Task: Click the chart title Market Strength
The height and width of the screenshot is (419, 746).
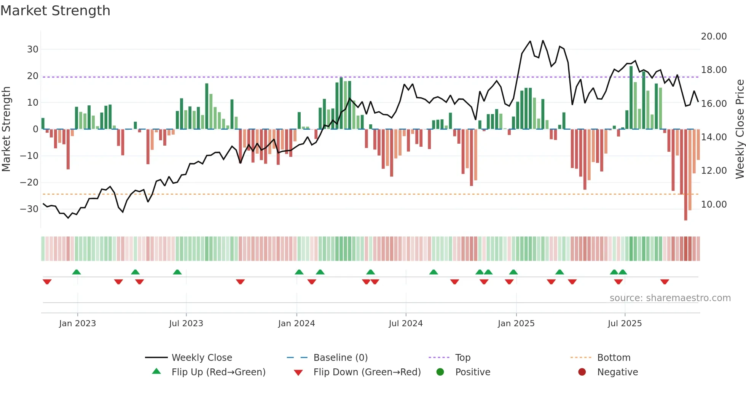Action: point(55,11)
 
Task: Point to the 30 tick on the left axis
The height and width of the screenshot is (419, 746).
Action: point(33,49)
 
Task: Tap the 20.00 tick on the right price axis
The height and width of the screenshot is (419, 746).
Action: point(714,37)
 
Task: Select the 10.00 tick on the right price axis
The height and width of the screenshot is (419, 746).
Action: point(714,205)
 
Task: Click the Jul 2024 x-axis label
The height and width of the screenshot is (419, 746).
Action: point(405,324)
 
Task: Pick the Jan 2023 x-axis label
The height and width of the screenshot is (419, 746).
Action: point(77,324)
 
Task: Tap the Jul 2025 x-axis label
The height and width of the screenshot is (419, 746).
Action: point(624,324)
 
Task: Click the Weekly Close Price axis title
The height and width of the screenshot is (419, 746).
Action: point(740,129)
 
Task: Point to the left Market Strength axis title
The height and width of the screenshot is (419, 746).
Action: point(6,129)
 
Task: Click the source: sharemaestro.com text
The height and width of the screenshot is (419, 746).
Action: point(670,298)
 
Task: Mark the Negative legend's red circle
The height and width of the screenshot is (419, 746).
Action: point(582,372)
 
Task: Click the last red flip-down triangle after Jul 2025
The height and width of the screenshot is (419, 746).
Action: point(665,282)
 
